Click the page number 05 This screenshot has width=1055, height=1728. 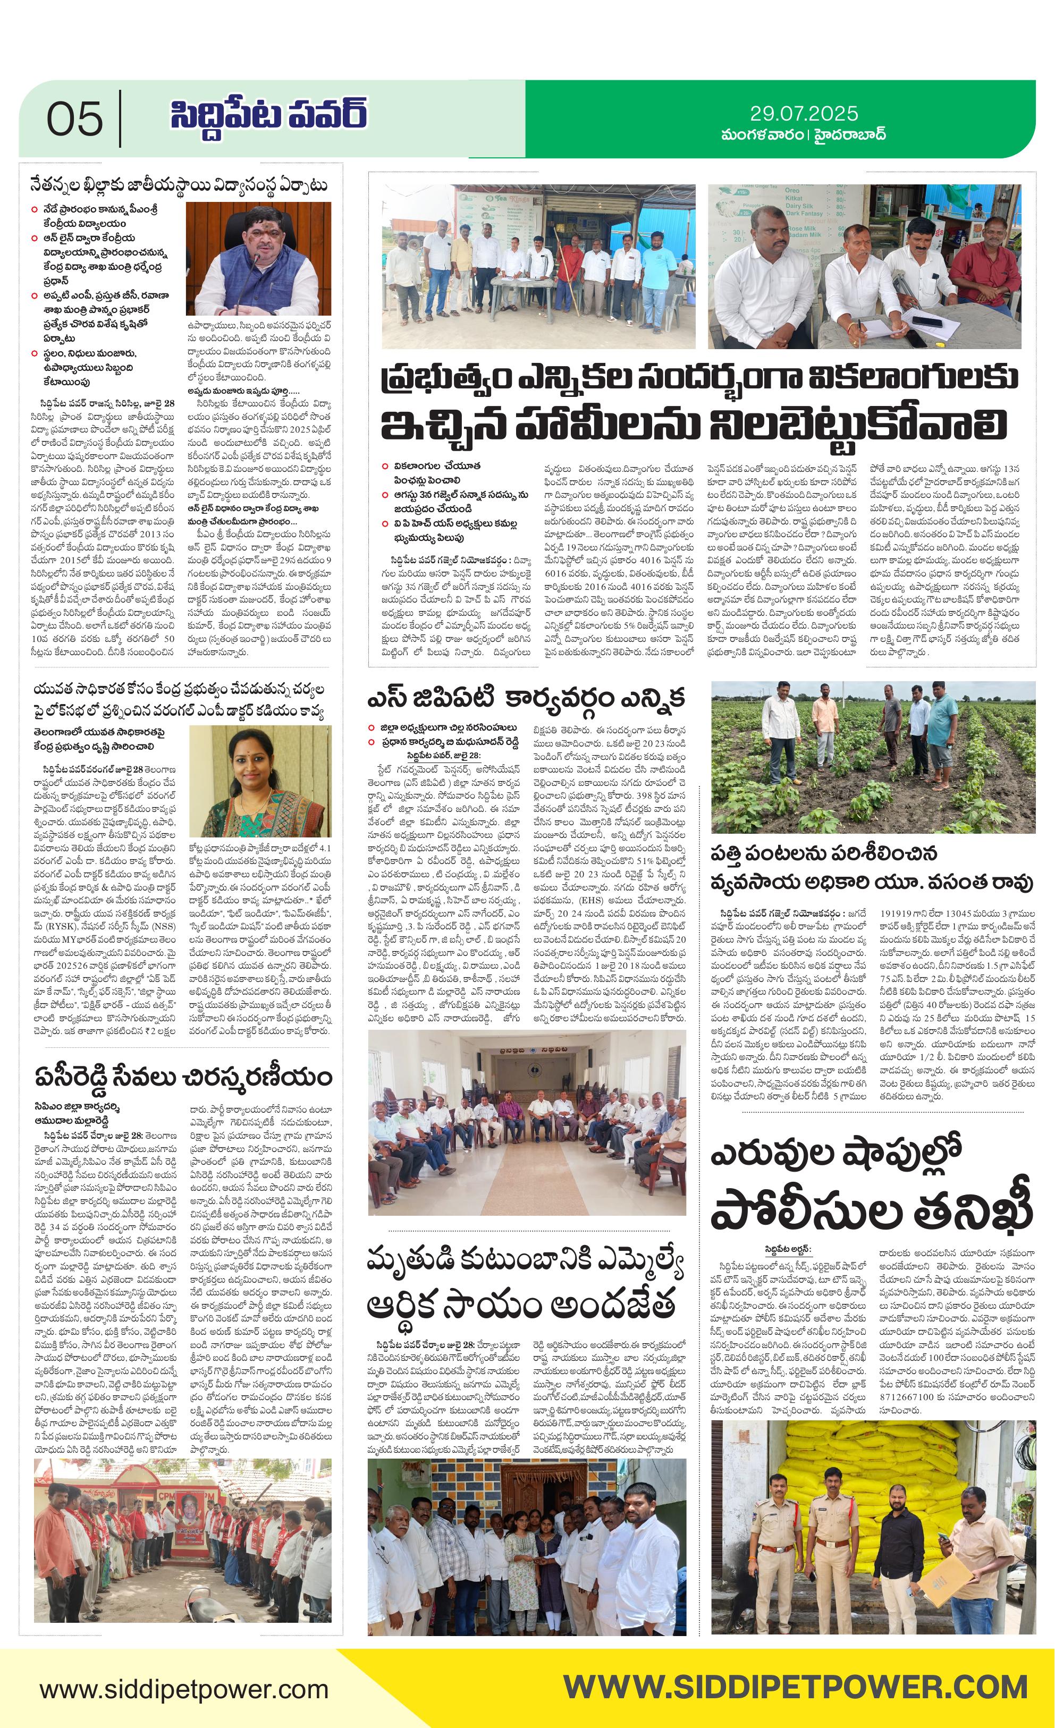pos(74,118)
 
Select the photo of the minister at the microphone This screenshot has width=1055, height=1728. pos(258,259)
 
